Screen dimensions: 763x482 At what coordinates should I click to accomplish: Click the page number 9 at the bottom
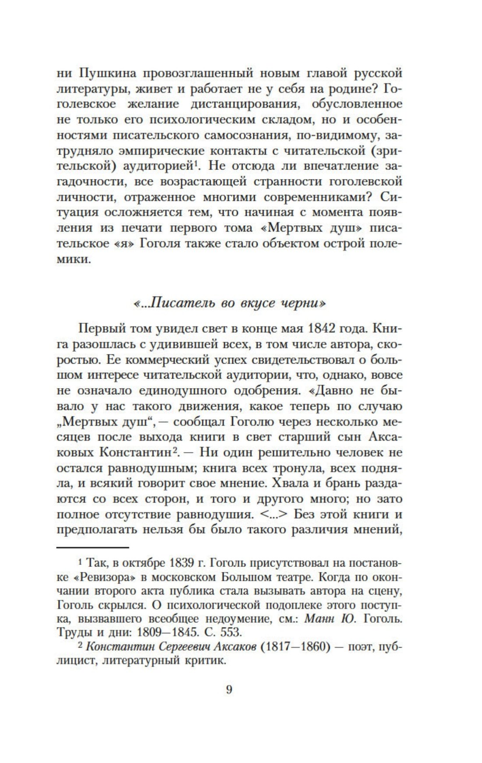pyautogui.click(x=229, y=690)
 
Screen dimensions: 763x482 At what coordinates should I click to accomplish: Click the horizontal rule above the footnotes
pyautogui.click(x=93, y=547)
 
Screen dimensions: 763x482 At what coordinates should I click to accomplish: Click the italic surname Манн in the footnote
pyautogui.click(x=319, y=619)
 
